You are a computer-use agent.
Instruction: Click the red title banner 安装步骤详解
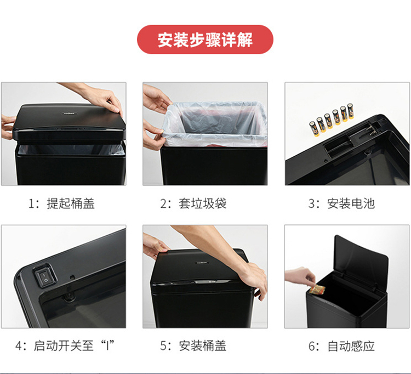(x=205, y=39)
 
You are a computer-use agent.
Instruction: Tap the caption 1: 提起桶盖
(x=61, y=203)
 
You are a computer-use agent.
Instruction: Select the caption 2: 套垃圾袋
(x=193, y=203)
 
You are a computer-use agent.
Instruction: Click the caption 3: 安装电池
(x=341, y=203)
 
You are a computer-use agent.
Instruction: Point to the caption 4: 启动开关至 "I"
(x=65, y=345)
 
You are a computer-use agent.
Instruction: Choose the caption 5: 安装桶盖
(x=193, y=345)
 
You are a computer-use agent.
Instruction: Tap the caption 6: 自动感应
(x=341, y=345)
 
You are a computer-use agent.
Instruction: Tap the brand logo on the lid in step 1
(x=70, y=114)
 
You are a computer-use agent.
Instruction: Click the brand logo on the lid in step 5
(x=202, y=263)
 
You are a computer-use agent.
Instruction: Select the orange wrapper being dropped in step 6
(x=317, y=290)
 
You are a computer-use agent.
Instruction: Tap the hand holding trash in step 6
(x=300, y=279)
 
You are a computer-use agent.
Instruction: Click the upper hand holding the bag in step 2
(x=156, y=99)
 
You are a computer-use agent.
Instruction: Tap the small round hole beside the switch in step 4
(x=72, y=277)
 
